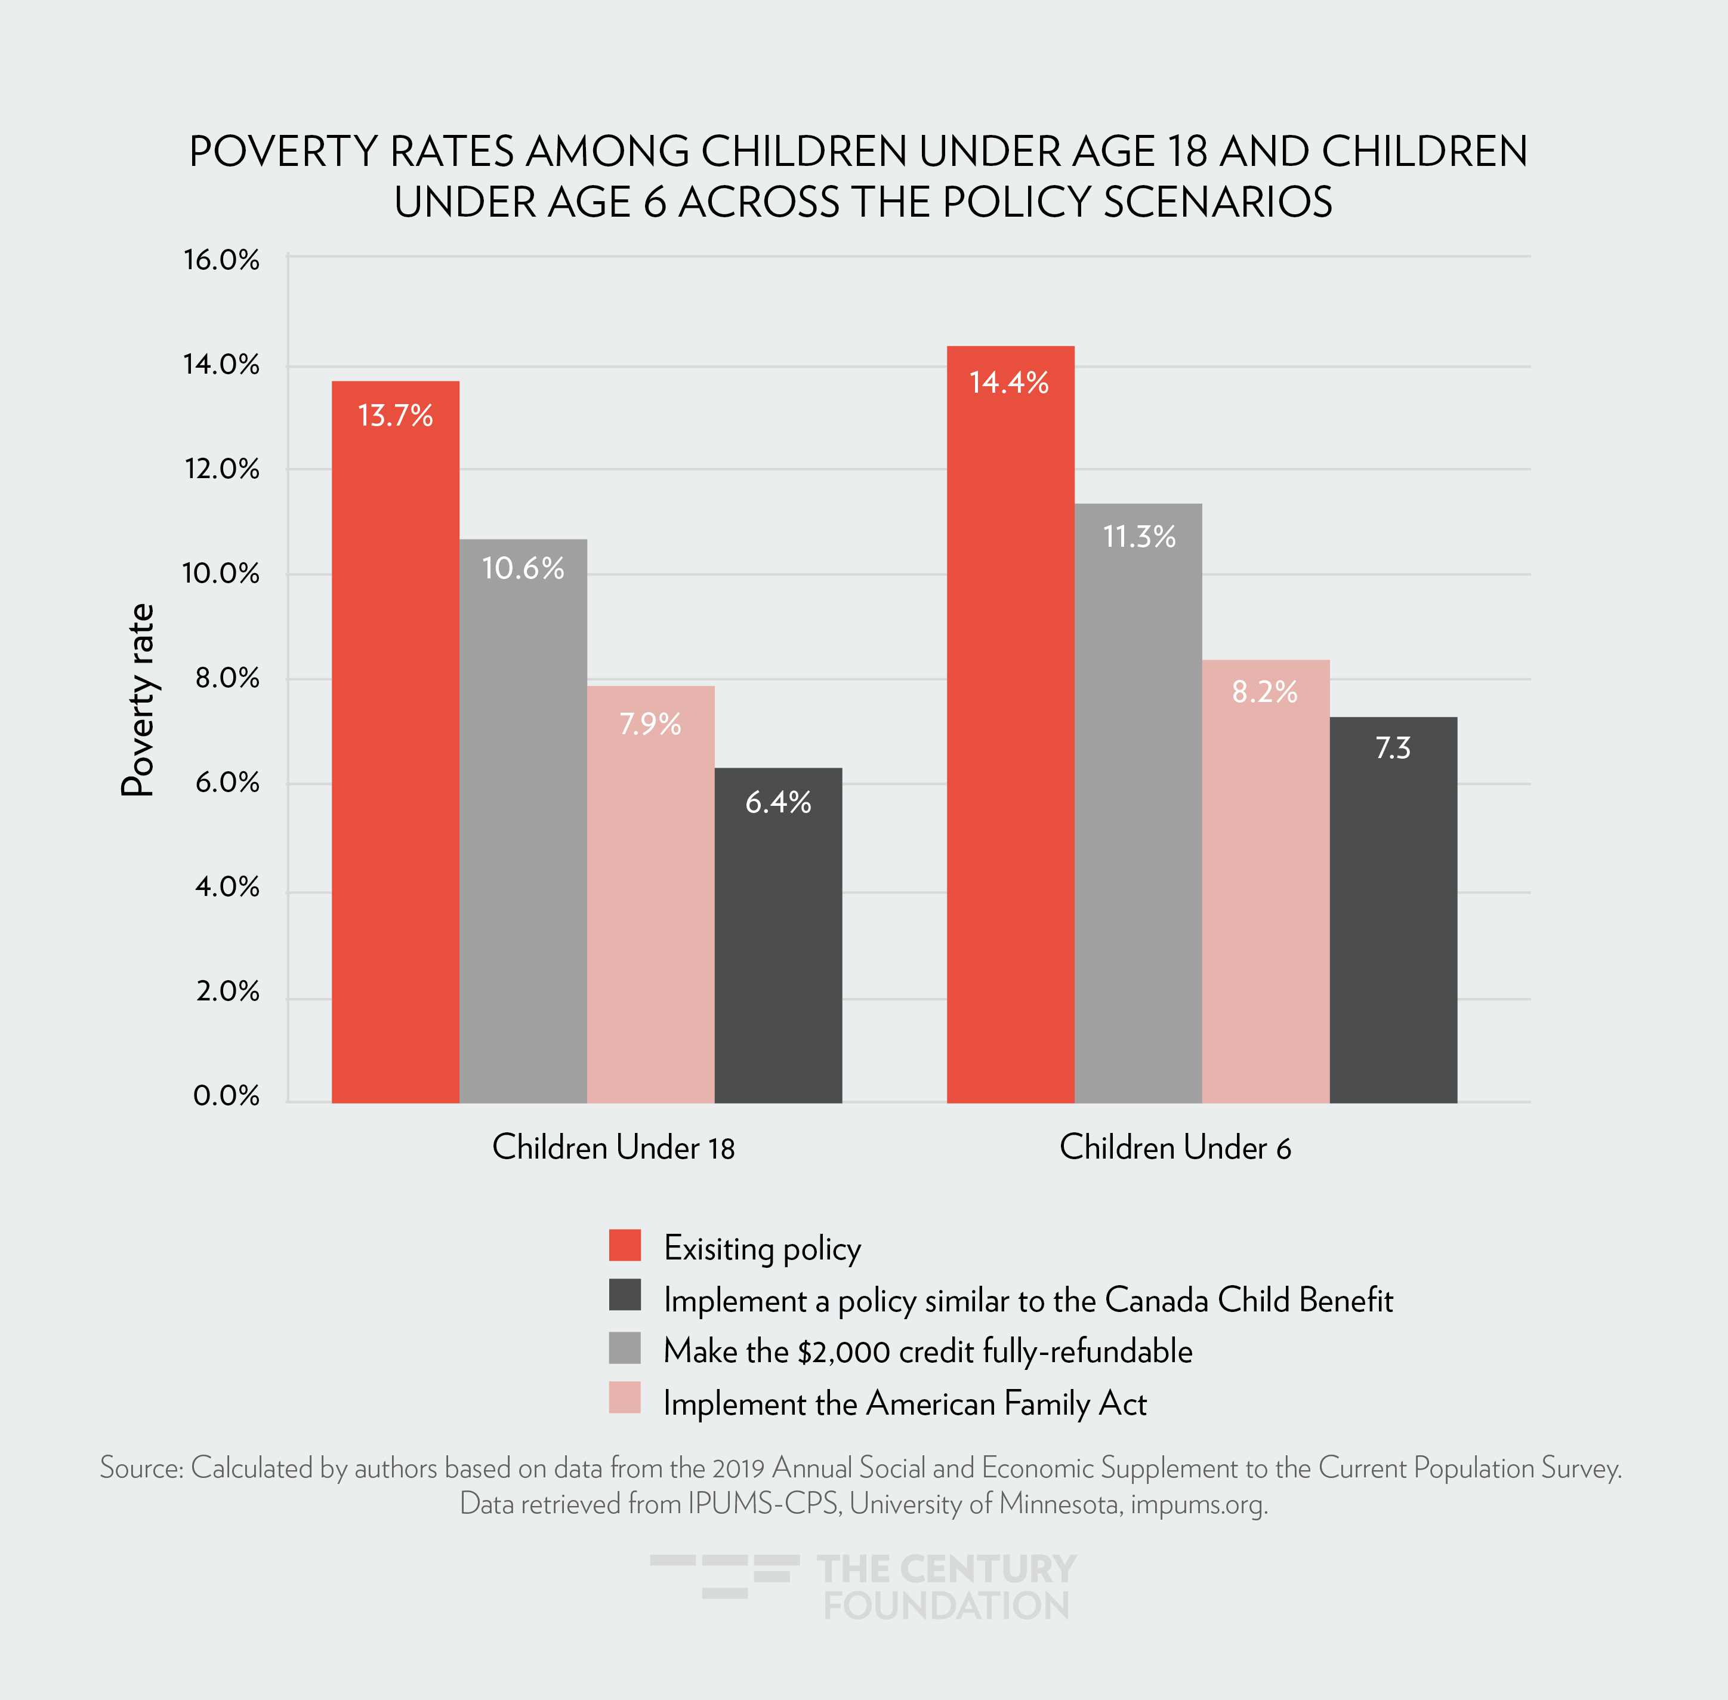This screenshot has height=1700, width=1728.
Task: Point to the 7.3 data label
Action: (1393, 748)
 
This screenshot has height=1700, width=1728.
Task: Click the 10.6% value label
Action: (523, 569)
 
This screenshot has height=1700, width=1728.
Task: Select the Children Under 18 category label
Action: (613, 1147)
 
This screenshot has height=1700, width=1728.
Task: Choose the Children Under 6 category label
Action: (1175, 1147)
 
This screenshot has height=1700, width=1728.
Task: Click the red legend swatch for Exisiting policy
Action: (625, 1246)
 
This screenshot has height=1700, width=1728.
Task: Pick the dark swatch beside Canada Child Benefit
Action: (625, 1295)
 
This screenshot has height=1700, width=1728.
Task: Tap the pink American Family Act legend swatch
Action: (625, 1398)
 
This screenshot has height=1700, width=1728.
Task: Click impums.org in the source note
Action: (1198, 1504)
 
